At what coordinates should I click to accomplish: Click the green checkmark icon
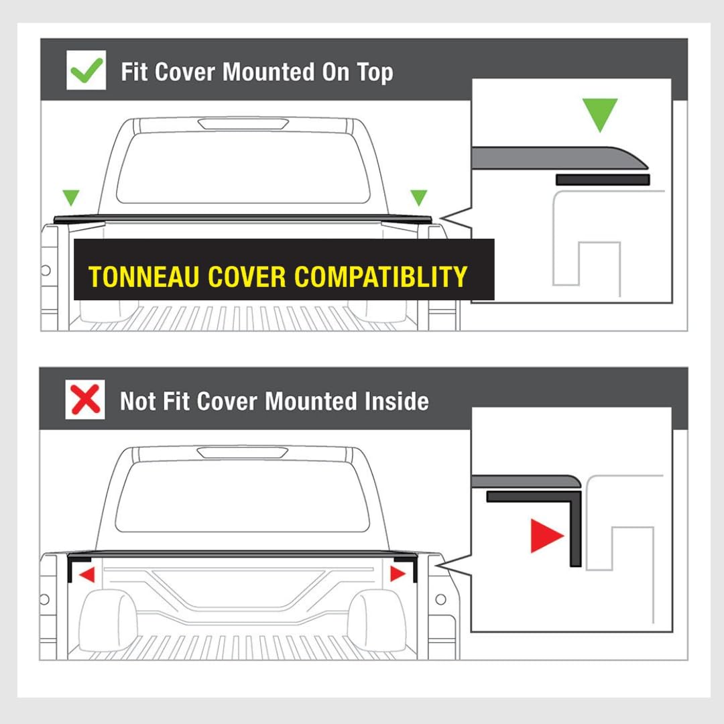[86, 70]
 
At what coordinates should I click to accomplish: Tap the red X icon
[85, 400]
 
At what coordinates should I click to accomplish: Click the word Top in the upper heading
[375, 73]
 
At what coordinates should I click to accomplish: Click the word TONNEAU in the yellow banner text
[143, 277]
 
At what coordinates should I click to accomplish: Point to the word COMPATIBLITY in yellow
[381, 277]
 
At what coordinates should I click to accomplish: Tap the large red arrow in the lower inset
[547, 536]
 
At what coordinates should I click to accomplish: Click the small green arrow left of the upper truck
[71, 198]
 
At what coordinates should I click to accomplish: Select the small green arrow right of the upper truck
[419, 198]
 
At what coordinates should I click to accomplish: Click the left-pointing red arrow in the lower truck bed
[86, 575]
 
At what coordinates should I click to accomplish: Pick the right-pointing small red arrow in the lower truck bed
[398, 574]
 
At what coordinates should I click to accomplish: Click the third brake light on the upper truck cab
[243, 123]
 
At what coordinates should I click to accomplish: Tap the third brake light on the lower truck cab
[243, 452]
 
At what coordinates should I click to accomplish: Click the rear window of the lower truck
[243, 496]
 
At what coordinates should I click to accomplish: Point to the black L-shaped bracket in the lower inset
[575, 526]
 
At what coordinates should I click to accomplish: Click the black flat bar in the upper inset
[603, 180]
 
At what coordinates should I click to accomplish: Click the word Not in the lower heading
[137, 401]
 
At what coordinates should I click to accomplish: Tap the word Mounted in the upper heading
[265, 72]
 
